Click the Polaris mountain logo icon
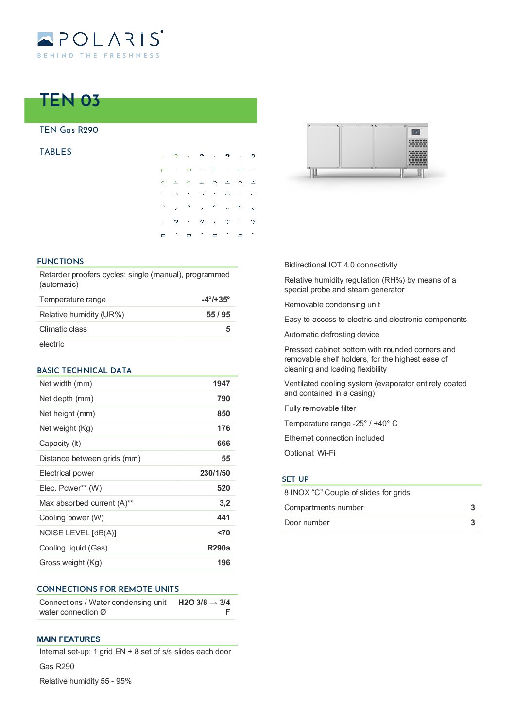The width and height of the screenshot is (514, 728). pyautogui.click(x=45, y=39)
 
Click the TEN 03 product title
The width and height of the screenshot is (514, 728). pyautogui.click(x=70, y=100)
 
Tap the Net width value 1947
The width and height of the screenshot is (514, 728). pyautogui.click(x=221, y=384)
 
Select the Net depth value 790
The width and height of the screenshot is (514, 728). pyautogui.click(x=223, y=399)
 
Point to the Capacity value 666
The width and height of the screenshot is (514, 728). pyautogui.click(x=223, y=444)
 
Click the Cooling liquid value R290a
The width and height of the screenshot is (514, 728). pyautogui.click(x=219, y=548)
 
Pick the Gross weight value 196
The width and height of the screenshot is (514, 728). pyautogui.click(x=223, y=563)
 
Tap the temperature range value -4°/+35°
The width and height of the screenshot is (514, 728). pyautogui.click(x=216, y=300)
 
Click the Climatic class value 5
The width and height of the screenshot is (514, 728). pyautogui.click(x=228, y=329)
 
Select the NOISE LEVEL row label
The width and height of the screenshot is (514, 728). pyautogui.click(x=78, y=533)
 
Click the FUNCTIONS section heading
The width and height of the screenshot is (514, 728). pyautogui.click(x=60, y=262)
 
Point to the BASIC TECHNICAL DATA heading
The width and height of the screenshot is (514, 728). pyautogui.click(x=84, y=371)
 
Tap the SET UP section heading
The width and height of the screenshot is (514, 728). pyautogui.click(x=295, y=479)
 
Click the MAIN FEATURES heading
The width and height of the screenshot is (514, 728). pyautogui.click(x=69, y=639)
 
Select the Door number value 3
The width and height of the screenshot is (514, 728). pyautogui.click(x=473, y=523)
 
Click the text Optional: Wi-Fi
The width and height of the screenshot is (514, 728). pyautogui.click(x=309, y=453)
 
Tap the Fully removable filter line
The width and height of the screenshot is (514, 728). pyautogui.click(x=320, y=408)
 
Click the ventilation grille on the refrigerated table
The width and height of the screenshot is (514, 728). pyautogui.click(x=417, y=152)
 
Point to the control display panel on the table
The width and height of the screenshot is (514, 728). pyautogui.click(x=416, y=132)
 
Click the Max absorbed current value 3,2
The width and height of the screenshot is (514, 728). pyautogui.click(x=224, y=503)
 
